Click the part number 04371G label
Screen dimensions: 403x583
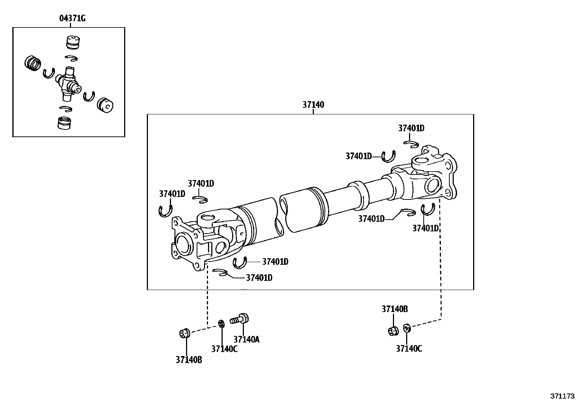[72, 18]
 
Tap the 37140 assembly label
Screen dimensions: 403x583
[313, 105]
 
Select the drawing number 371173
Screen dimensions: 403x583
[562, 396]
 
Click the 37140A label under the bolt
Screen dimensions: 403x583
[246, 340]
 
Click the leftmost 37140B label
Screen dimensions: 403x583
[189, 360]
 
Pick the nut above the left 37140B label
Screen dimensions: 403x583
[185, 333]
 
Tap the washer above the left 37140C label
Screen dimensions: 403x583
[221, 324]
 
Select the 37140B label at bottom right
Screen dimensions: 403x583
[394, 309]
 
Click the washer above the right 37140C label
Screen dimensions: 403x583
[406, 328]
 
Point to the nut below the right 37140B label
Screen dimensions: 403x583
[393, 330]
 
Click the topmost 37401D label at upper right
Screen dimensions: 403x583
[411, 128]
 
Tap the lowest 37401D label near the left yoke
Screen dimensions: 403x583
[259, 278]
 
